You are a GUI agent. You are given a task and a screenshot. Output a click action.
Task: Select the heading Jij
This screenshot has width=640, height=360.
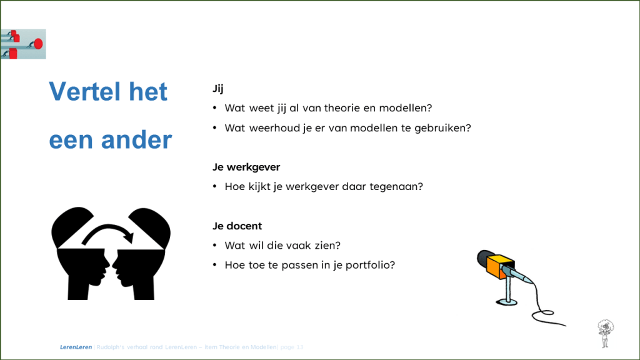[218, 89]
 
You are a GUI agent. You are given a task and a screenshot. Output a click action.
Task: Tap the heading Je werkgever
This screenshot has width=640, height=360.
[246, 167]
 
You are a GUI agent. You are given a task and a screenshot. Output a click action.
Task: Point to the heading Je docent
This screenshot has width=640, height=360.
[237, 226]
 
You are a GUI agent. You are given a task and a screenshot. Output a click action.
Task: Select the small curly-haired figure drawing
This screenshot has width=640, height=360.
[604, 332]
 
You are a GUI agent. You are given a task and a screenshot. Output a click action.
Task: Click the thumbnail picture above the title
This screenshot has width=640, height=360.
[23, 44]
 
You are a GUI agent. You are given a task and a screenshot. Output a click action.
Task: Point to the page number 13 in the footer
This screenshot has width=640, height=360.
[301, 347]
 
